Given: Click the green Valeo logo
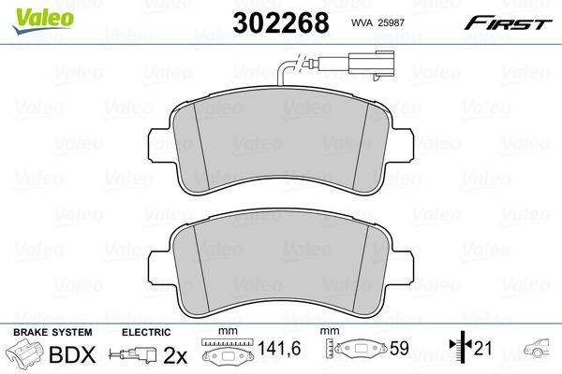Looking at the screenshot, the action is [42, 21].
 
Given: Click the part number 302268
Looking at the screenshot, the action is [281, 22].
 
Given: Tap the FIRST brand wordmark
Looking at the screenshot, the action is [508, 23].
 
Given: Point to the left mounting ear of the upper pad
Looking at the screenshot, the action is [157, 147].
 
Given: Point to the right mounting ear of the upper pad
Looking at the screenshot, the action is [404, 147].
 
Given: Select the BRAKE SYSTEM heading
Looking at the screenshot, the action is [52, 332].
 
